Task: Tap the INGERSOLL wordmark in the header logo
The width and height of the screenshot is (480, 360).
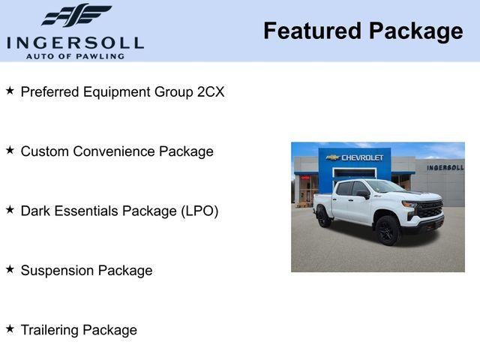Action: click(x=75, y=41)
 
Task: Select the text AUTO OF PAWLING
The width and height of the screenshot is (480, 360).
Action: click(x=75, y=56)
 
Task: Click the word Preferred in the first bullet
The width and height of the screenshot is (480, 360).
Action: click(x=51, y=91)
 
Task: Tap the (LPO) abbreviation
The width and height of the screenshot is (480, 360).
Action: click(x=199, y=211)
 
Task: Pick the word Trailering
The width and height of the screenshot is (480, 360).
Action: click(x=49, y=330)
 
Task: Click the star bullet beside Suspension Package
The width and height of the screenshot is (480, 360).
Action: click(x=10, y=268)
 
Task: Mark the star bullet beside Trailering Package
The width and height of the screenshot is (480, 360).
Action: click(x=10, y=328)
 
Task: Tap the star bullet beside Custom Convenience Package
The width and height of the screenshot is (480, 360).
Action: click(x=10, y=149)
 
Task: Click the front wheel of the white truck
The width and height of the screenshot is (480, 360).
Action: click(x=387, y=230)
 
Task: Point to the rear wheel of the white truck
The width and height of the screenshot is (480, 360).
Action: click(x=324, y=217)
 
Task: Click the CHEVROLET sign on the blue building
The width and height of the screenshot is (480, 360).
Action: click(x=361, y=157)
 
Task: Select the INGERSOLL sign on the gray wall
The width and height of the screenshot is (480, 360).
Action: click(x=445, y=167)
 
